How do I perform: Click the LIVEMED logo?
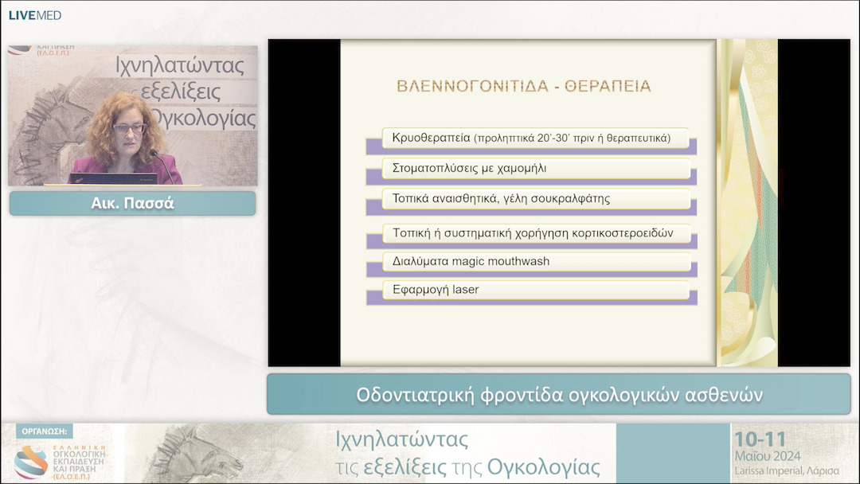(x=34, y=15)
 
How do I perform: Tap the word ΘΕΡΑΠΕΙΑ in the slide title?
(x=608, y=86)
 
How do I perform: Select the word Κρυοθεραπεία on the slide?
(x=431, y=138)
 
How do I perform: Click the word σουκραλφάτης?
(x=573, y=198)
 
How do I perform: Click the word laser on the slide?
(x=465, y=290)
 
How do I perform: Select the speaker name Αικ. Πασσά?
(x=132, y=203)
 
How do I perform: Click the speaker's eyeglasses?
(x=128, y=128)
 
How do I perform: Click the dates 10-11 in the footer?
(x=760, y=439)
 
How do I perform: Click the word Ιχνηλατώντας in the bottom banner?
(x=401, y=439)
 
